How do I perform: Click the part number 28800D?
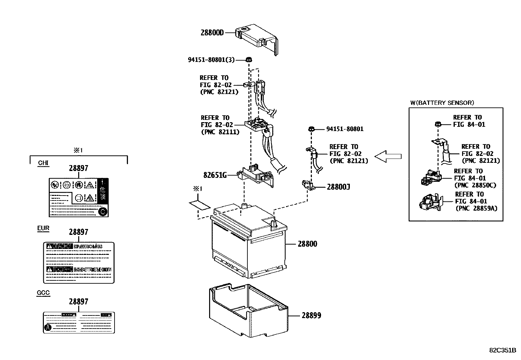click(x=212, y=33)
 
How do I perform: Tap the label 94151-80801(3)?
click(x=211, y=60)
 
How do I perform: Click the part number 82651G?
click(x=215, y=175)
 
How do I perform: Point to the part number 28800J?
click(x=338, y=187)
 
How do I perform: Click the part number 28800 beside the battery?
click(x=307, y=244)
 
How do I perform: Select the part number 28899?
click(x=311, y=315)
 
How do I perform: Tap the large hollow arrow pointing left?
click(x=388, y=156)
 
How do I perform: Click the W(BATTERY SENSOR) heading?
click(x=442, y=103)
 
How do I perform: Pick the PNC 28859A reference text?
click(x=476, y=208)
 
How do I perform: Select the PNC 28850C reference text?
click(x=475, y=185)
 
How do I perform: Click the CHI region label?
click(x=43, y=163)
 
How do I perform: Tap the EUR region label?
click(x=43, y=228)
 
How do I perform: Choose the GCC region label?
click(x=43, y=293)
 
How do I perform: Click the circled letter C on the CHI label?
click(x=102, y=212)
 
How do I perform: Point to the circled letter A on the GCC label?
click(x=48, y=327)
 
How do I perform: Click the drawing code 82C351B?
click(x=502, y=350)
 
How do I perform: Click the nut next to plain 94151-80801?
click(x=312, y=129)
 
